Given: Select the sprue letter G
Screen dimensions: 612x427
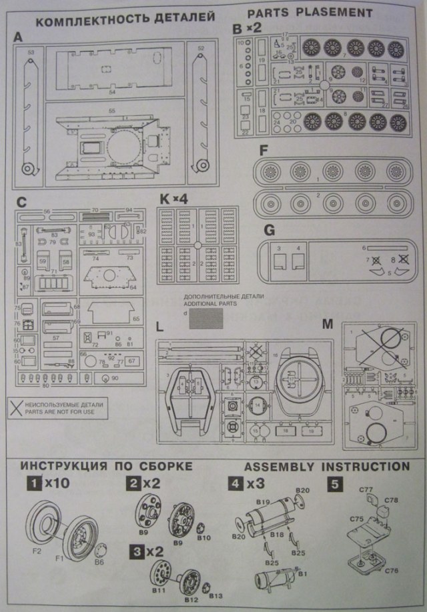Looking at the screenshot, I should tap(269, 230).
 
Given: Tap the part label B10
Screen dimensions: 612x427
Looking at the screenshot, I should tap(203, 537).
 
